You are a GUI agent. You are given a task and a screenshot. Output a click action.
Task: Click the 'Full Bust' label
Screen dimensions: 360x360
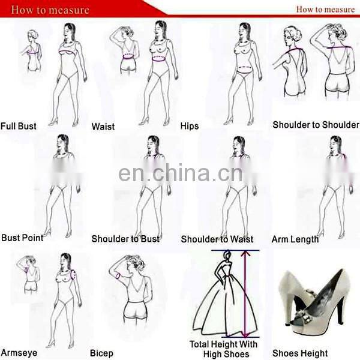coord(19,126)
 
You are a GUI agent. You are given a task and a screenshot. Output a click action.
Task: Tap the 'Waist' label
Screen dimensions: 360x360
coord(103,127)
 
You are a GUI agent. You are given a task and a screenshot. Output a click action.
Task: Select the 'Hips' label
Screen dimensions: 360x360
coord(190,126)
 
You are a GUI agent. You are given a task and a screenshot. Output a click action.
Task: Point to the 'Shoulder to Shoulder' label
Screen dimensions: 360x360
coord(316,125)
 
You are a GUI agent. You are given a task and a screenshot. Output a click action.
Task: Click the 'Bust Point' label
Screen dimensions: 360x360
coord(22,238)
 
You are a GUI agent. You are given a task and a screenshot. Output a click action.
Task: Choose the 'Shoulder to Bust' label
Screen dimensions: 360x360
coord(125,239)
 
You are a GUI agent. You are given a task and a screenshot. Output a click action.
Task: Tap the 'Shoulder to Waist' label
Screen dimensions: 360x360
coord(217,239)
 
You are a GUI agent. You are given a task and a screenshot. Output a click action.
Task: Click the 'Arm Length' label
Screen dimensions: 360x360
coord(295,239)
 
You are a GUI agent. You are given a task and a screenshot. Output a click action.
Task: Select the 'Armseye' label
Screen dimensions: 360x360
coord(19,353)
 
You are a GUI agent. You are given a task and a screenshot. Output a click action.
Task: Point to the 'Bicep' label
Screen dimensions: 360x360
coord(101,353)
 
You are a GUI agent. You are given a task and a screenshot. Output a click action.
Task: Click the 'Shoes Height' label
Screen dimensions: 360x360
coord(300,353)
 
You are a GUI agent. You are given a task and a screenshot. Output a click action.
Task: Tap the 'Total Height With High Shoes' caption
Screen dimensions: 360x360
coord(223,349)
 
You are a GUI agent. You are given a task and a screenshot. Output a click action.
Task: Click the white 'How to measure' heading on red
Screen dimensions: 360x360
coord(50,10)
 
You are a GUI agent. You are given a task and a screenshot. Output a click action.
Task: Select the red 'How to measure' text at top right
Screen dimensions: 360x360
coord(325,10)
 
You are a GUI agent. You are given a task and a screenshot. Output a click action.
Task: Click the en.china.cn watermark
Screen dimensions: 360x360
coord(180,172)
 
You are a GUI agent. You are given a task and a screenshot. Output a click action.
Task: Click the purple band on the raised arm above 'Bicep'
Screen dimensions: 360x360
coord(118,275)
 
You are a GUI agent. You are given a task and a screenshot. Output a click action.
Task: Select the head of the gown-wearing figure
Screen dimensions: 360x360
coord(227,255)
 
